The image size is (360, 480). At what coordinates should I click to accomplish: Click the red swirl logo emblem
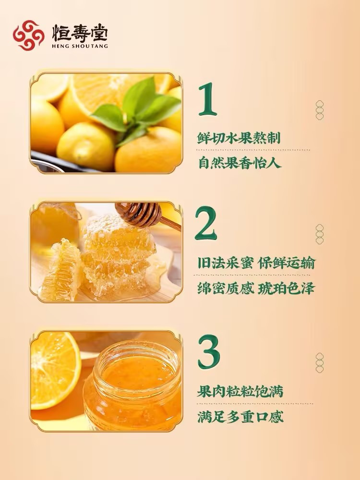[28, 35]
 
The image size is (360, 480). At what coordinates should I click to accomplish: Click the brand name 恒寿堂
[80, 33]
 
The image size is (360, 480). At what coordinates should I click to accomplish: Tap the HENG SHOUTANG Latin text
[80, 46]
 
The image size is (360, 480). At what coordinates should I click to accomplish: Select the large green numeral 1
[208, 99]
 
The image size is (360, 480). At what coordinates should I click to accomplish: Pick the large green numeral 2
[206, 223]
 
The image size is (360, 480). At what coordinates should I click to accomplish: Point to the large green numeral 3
[209, 352]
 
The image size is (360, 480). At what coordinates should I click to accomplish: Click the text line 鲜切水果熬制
[239, 138]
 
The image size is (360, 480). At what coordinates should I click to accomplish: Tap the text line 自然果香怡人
[240, 163]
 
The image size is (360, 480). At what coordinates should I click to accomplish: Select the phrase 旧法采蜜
[225, 263]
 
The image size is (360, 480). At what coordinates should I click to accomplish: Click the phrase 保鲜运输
[287, 263]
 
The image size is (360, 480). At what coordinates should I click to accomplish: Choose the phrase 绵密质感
[226, 288]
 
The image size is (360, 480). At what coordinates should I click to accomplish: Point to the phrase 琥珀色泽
[286, 288]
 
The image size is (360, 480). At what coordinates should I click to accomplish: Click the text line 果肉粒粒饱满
[240, 391]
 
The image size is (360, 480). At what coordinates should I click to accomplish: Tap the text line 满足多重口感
[240, 417]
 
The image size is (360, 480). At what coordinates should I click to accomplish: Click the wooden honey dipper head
[139, 214]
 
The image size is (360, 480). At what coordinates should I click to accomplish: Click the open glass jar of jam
[133, 386]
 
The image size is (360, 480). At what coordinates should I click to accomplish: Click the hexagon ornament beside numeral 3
[320, 363]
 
